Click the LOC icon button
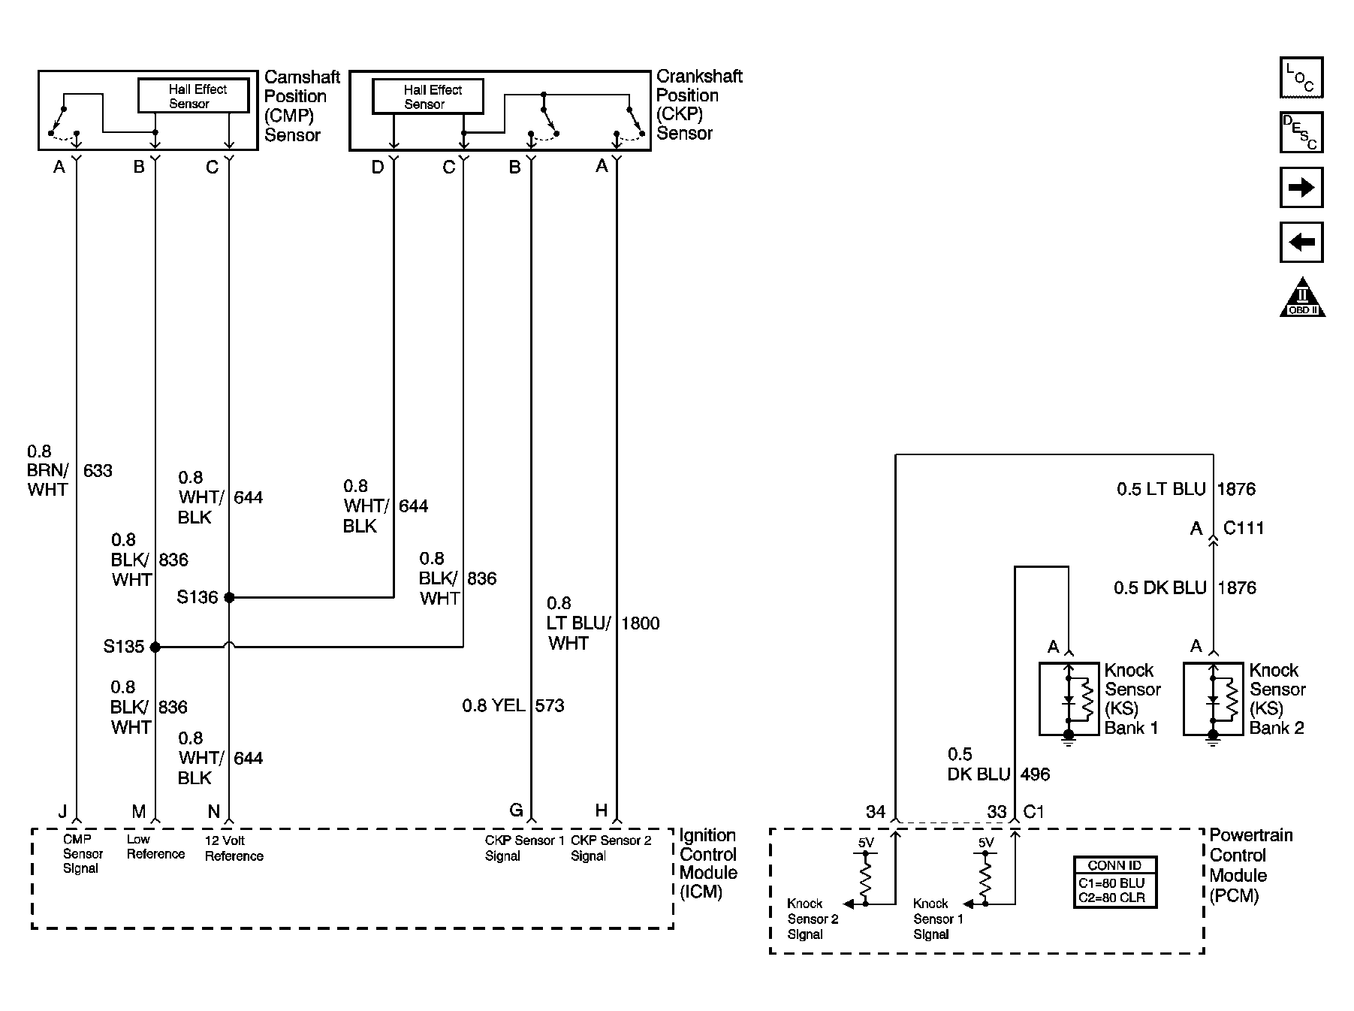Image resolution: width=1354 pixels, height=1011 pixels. [x=1301, y=77]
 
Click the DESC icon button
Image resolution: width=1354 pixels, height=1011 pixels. [x=1301, y=132]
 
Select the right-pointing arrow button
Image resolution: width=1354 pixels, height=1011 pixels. [x=1301, y=187]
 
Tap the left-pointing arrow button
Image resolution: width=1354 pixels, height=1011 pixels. [x=1301, y=242]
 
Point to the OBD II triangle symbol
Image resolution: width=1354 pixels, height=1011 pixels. [x=1302, y=298]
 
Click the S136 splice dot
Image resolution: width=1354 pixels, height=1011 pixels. [x=229, y=598]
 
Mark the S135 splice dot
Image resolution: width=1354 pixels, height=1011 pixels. [x=155, y=647]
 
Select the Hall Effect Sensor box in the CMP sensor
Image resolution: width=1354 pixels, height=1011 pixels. [x=193, y=96]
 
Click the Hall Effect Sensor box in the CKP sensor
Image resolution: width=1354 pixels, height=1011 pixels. [x=428, y=97]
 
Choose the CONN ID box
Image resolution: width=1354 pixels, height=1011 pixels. [x=1114, y=882]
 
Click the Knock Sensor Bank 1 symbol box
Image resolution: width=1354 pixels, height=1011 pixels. [x=1069, y=699]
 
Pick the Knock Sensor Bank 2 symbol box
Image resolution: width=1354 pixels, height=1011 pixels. [x=1213, y=699]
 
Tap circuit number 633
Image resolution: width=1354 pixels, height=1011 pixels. [x=98, y=471]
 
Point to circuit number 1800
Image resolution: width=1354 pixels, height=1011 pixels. [x=640, y=623]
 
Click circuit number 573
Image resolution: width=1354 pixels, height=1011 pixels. [x=550, y=706]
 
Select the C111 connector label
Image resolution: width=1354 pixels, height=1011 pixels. [x=1244, y=528]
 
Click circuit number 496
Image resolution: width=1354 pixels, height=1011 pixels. [x=1035, y=774]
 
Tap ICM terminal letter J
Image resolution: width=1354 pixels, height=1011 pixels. [x=63, y=811]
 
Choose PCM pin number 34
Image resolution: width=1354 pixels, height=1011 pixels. [x=876, y=812]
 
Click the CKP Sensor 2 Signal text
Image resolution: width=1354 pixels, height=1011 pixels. [x=611, y=848]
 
